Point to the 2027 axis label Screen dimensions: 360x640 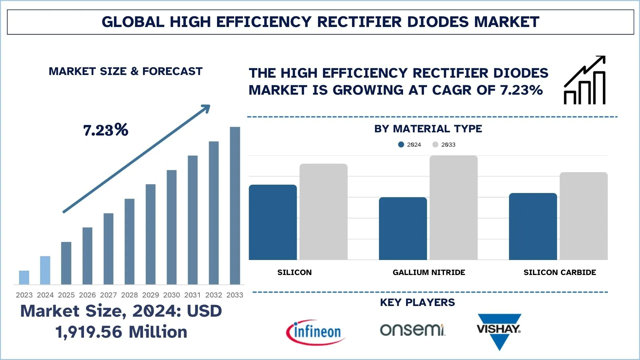coord(108,295)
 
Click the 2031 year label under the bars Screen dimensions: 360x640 coord(192,295)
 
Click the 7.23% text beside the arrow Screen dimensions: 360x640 coord(105,130)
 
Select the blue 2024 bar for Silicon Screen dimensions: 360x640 coord(273,222)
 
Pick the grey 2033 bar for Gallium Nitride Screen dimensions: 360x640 coord(453,208)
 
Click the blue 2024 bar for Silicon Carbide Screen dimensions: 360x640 coord(533,226)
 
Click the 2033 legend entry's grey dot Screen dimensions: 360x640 coord(435,145)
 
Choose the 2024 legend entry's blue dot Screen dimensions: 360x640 coord(401,145)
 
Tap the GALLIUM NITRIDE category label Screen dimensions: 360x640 coord(429,272)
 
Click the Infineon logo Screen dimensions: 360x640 coord(315,332)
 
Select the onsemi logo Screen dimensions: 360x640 coord(412,330)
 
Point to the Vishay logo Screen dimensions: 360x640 coord(499,331)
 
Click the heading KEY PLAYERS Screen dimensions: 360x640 coord(417,302)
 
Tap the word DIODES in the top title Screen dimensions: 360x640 coord(438,22)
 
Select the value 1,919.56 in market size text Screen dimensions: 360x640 coord(89,332)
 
